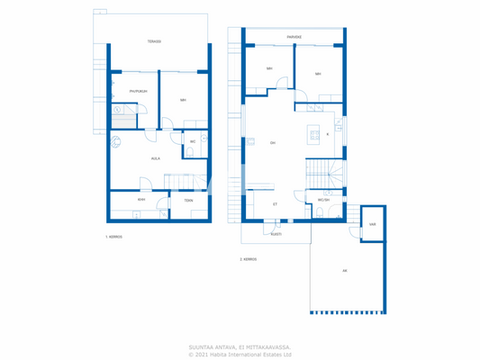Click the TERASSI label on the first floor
pos(154,41)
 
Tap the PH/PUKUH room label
pos(138,91)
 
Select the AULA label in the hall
pos(156,157)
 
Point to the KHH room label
pos(141,200)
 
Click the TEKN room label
pos(188,200)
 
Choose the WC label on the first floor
pos(193,141)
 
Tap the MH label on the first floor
pos(183,100)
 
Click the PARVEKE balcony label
pos(294,37)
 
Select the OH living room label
pos(272,142)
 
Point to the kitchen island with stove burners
pos(313,134)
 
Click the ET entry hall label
pos(275,204)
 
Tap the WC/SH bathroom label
pos(324,200)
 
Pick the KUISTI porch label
pos(276,233)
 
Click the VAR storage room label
pos(372,224)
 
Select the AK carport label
pos(344,270)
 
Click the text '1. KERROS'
pos(113,237)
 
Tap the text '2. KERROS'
pos(248,259)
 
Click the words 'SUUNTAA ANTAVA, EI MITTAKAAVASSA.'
pos(240,346)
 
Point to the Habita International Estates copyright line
pos(240,354)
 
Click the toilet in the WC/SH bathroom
pos(320,213)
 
